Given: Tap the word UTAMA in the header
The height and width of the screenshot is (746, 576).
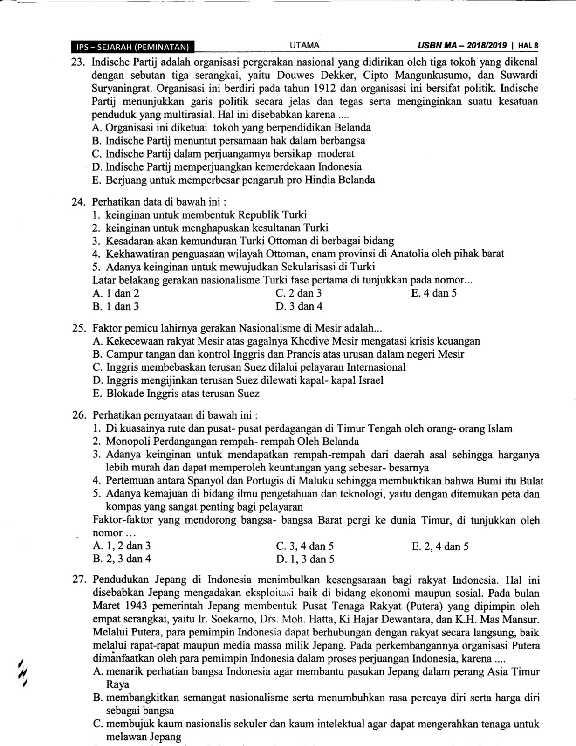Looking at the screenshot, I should click(304, 45).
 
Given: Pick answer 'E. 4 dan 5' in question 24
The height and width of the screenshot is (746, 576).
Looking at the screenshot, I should click(434, 293).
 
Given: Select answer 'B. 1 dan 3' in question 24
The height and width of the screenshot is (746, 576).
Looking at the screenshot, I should click(116, 306).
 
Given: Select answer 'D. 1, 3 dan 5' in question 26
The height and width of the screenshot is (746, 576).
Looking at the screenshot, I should click(305, 559).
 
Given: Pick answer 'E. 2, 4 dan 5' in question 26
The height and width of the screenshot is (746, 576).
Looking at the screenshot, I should click(440, 546).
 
